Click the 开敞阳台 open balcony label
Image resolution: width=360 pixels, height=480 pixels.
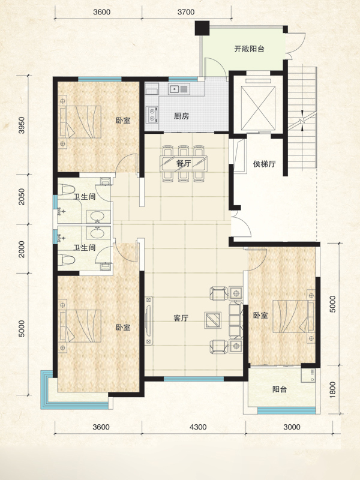tap(249, 49)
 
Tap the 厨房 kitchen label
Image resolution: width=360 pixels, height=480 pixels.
tap(182, 116)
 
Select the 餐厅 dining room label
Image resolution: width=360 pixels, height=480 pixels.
tap(184, 163)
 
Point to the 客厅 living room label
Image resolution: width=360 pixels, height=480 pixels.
tap(181, 318)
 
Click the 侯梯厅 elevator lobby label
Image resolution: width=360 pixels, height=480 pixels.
tap(264, 164)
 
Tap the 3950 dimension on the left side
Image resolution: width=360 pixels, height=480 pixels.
tap(21, 125)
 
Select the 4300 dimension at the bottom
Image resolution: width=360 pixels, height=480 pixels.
tap(198, 427)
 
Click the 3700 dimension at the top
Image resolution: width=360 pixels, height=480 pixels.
tap(186, 12)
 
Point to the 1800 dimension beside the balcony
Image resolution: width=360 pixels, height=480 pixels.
tap(333, 389)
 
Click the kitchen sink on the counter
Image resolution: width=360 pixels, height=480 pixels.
tap(179, 89)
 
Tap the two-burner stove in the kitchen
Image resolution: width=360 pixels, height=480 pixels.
tap(152, 115)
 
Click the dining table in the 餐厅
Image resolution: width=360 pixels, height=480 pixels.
tap(184, 163)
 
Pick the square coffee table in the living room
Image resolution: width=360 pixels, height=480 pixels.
tap(213, 320)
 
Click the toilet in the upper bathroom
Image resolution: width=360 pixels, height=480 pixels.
tap(66, 189)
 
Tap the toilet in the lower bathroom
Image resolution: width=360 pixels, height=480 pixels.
tap(66, 260)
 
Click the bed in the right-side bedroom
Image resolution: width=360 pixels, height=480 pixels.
tap(293, 316)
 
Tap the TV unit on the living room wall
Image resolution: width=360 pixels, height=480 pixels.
tap(149, 320)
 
